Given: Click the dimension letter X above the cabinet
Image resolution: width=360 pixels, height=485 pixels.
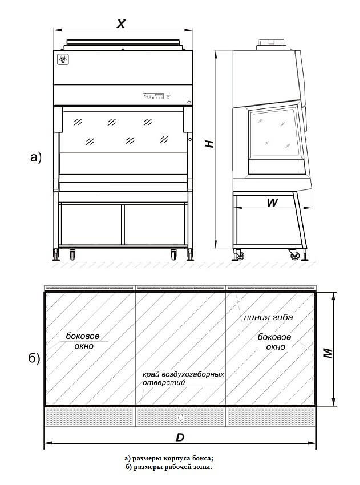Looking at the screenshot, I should (121, 23).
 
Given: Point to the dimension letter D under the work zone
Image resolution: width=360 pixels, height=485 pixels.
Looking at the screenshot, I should (180, 438).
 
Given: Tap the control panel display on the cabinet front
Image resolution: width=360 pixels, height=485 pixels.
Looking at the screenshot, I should (154, 96).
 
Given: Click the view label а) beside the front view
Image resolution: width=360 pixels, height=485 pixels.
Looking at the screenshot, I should (36, 157).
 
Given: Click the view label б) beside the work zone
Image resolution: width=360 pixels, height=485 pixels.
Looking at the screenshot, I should (34, 359).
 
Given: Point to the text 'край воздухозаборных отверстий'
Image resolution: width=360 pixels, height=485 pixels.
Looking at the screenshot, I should (183, 379).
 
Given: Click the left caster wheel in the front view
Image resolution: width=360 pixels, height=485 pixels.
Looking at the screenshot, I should (72, 255).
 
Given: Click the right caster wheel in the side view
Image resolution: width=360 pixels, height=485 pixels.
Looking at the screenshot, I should (294, 255).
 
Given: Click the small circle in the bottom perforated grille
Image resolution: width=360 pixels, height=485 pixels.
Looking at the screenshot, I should (181, 418).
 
